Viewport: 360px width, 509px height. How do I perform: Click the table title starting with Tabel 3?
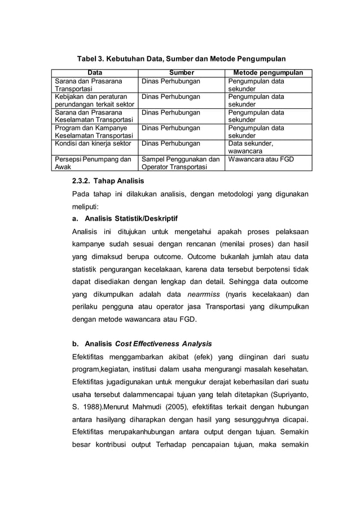click(x=181, y=58)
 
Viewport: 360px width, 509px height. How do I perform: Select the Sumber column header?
click(x=181, y=73)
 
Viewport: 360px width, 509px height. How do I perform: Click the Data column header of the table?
click(x=95, y=73)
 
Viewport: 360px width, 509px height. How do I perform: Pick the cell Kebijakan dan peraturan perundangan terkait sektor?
click(x=94, y=100)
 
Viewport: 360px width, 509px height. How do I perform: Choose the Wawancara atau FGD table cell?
click(x=260, y=159)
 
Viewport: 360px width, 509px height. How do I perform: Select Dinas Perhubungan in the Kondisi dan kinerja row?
click(x=171, y=144)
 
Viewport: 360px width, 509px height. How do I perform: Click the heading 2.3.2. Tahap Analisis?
click(x=108, y=181)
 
